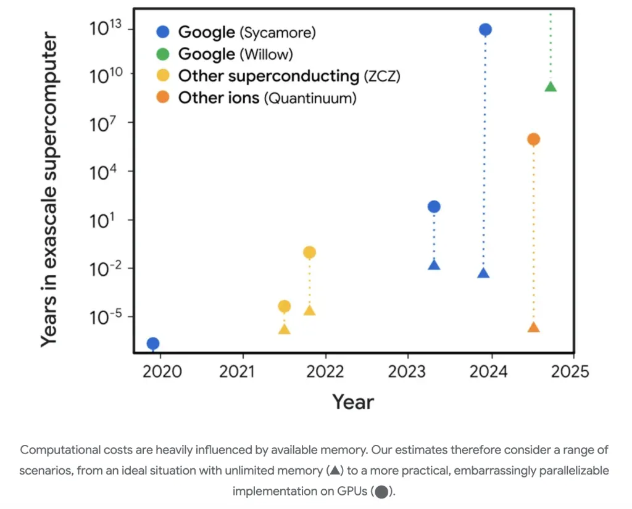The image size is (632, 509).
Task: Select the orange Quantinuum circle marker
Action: (533, 139)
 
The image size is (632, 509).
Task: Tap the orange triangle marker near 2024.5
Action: (533, 327)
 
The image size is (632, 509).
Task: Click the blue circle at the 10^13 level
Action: (485, 30)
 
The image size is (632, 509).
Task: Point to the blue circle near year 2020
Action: (153, 344)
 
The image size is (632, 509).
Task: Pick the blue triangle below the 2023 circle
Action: (434, 265)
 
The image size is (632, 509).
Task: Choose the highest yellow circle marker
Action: (309, 252)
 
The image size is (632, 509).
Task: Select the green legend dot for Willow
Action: (163, 54)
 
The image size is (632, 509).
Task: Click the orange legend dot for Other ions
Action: (163, 97)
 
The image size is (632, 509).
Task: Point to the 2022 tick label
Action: (325, 372)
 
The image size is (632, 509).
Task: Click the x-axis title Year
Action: (353, 402)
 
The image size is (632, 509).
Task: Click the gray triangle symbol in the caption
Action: (334, 471)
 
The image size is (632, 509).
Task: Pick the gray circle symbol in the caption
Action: (381, 492)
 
